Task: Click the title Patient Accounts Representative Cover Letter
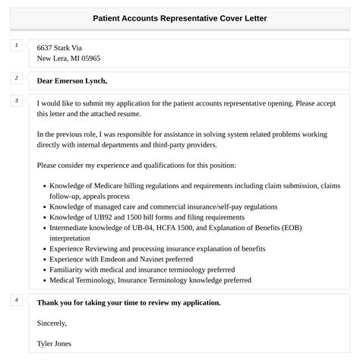[179, 17]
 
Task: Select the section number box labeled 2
[16, 78]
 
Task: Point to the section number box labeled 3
[16, 101]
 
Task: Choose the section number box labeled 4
[16, 300]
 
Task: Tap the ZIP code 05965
[89, 58]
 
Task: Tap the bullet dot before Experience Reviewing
[43, 248]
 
